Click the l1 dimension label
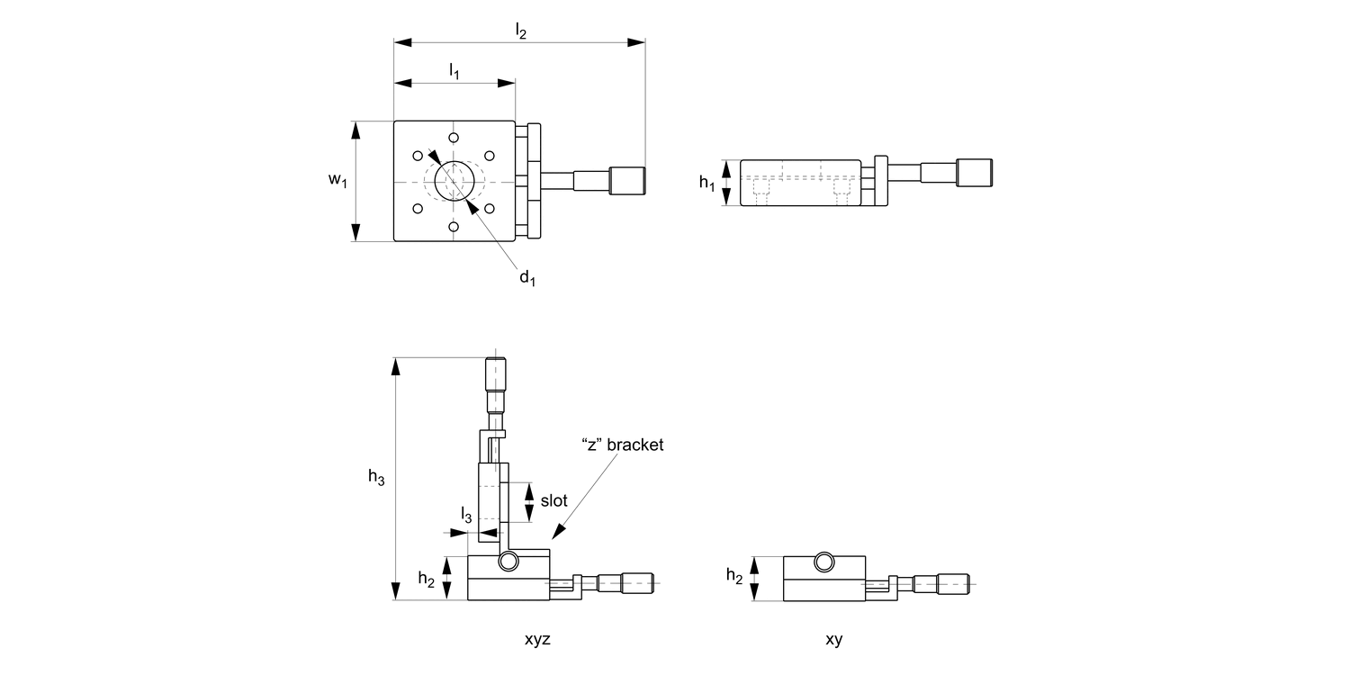tap(454, 71)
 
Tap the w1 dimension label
tap(337, 179)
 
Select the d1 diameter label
tap(527, 277)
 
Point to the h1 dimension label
tap(706, 182)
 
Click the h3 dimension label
tap(376, 477)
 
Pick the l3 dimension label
tap(466, 515)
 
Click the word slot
tap(553, 500)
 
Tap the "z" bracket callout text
tap(623, 445)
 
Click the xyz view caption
tap(537, 639)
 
